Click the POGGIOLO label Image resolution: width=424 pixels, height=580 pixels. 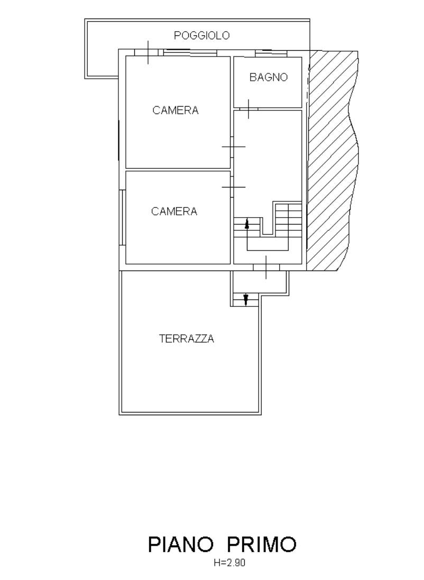tap(202, 35)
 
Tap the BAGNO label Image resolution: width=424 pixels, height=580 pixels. tap(269, 77)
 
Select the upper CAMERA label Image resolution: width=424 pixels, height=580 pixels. tap(176, 110)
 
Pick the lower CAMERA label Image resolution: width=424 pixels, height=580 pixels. tap(174, 211)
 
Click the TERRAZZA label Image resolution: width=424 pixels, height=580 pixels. tap(187, 339)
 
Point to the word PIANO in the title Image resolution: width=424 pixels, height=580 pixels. tap(181, 544)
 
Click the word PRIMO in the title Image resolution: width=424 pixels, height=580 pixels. tap(262, 544)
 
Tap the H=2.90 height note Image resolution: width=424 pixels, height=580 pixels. tap(229, 563)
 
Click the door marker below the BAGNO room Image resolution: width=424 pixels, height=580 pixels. tap(248, 109)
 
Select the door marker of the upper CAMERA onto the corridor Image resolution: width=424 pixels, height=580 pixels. tap(233, 146)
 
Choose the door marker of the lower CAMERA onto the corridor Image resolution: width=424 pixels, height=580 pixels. tap(233, 187)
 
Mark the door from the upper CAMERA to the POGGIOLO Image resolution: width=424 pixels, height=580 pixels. tap(148, 52)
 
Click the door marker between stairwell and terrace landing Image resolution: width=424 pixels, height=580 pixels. tap(266, 267)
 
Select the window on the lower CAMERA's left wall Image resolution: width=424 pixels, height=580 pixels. tap(123, 217)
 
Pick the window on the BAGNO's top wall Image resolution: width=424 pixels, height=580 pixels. tap(271, 53)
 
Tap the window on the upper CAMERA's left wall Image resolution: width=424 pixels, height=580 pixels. tap(118, 141)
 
